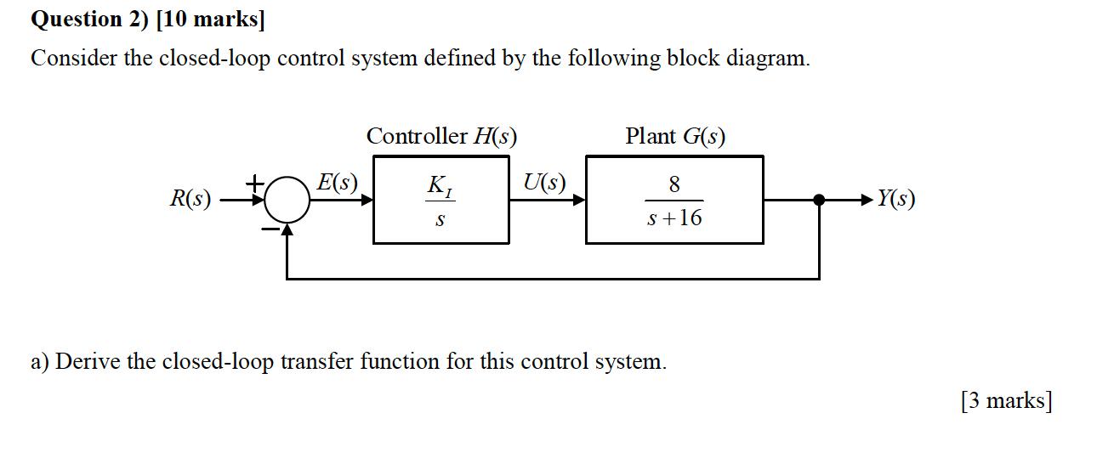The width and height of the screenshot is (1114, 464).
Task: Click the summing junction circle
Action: point(289,201)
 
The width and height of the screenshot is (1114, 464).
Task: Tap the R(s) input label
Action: point(190,200)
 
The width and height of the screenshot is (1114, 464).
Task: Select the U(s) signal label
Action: point(544,183)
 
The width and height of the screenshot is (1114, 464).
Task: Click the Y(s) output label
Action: point(896,200)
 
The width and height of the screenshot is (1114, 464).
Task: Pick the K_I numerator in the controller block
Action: point(440,184)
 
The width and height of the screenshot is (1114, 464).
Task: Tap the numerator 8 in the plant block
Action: point(674,184)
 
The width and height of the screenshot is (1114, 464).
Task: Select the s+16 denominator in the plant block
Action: point(674,218)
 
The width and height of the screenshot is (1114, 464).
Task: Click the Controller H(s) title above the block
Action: point(441,136)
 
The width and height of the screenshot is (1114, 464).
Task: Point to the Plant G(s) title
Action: point(675,136)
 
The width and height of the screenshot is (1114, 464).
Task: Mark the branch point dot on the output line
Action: point(819,201)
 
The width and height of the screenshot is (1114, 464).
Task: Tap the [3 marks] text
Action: point(1006,399)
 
